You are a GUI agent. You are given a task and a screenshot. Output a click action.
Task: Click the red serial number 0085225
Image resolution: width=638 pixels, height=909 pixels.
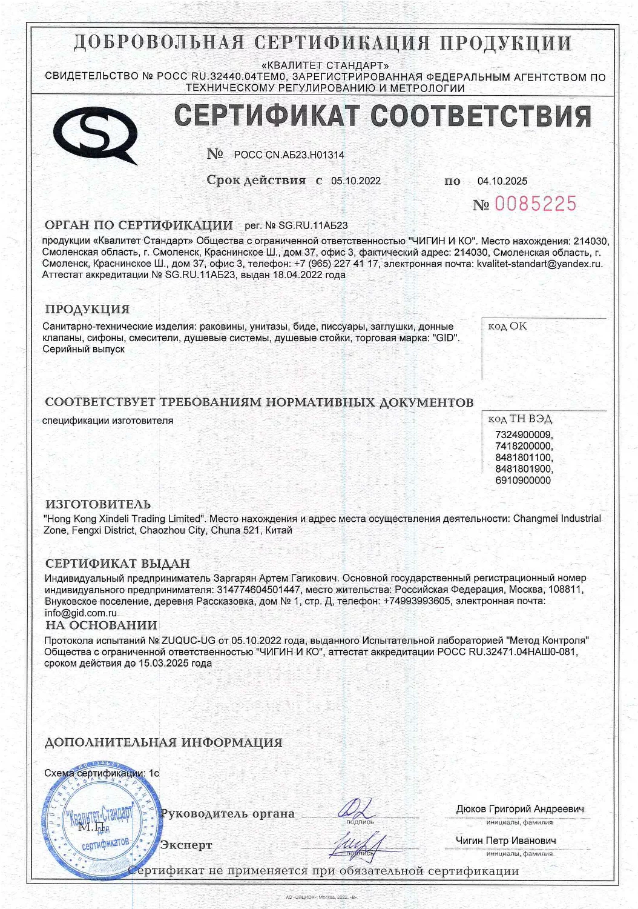click(536, 204)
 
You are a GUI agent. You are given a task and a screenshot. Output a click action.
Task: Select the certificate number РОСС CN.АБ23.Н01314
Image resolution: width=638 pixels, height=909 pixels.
click(289, 155)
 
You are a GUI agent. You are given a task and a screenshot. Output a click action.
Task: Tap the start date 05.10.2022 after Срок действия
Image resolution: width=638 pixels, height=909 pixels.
click(356, 181)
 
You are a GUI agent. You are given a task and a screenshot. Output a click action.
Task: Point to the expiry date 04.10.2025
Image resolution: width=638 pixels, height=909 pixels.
click(502, 181)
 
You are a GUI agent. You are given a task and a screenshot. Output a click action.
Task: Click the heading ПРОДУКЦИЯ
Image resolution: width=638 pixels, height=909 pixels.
click(87, 309)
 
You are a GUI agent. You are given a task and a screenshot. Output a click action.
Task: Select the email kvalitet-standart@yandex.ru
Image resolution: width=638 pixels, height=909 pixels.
click(539, 264)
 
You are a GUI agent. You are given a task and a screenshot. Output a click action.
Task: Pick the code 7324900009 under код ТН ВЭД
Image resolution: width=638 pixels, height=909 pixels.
click(524, 435)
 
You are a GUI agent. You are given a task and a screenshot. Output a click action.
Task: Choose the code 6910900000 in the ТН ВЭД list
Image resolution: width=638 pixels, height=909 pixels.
click(523, 480)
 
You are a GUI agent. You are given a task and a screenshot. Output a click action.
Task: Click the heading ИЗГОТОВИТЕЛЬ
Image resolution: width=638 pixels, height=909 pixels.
click(98, 504)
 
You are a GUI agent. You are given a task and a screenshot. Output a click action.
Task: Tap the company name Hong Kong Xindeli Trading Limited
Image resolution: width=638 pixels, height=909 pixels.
click(122, 519)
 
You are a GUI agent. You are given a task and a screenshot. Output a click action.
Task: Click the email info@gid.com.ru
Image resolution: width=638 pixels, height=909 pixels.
click(81, 613)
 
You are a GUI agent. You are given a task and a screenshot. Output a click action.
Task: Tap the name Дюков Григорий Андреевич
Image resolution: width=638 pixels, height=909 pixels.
click(520, 809)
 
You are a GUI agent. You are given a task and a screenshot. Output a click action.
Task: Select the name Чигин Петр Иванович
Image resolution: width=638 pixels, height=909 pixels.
click(505, 841)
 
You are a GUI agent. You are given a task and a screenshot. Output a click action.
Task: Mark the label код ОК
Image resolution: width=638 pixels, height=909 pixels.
click(507, 326)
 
